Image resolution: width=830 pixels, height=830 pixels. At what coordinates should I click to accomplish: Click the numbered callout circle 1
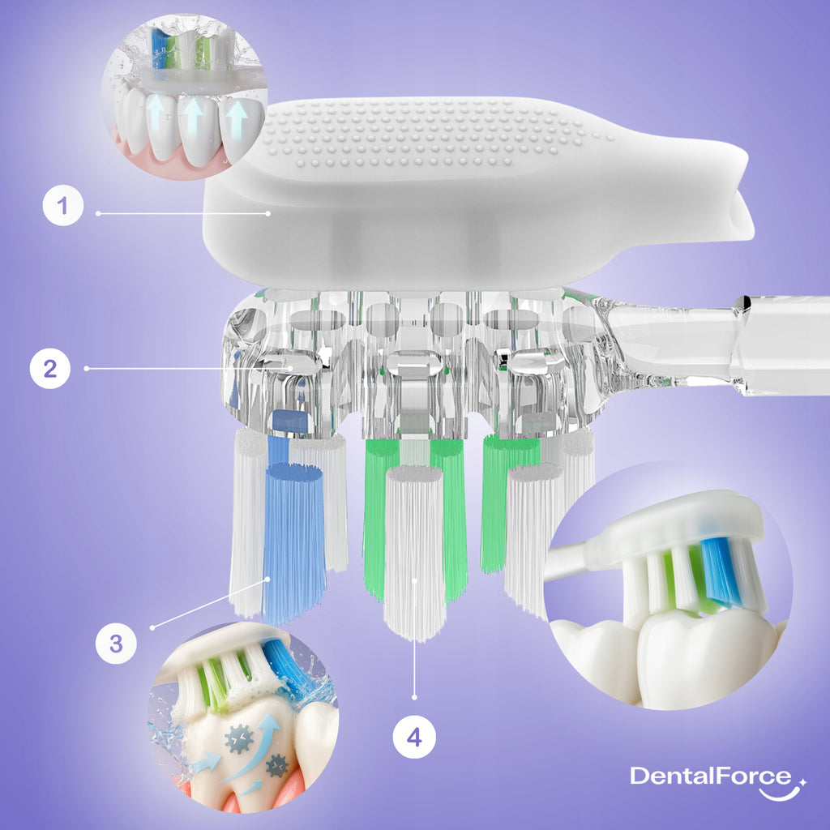[63, 205]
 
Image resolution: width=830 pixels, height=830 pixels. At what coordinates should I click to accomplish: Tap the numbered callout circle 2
[50, 369]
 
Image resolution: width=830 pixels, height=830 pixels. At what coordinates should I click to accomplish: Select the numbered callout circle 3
[116, 644]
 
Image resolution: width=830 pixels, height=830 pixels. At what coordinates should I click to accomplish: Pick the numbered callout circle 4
[414, 737]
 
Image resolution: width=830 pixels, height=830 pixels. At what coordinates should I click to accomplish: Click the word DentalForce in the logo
[710, 776]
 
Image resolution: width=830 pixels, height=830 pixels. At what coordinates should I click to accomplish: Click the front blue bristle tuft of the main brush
[293, 542]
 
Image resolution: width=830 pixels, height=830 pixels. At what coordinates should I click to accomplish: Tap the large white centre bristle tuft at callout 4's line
[414, 553]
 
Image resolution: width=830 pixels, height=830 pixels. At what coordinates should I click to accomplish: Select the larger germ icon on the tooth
[239, 738]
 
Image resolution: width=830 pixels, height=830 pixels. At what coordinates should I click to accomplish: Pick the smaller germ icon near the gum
[277, 765]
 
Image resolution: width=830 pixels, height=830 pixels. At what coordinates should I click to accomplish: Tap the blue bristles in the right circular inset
[720, 571]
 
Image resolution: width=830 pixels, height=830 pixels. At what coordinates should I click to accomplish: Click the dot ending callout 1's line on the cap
[267, 213]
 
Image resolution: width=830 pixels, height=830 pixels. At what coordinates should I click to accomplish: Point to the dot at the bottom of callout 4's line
[414, 698]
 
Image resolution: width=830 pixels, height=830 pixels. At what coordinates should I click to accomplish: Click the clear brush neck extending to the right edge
[715, 344]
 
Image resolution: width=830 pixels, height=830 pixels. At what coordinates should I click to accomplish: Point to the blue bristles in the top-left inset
[158, 49]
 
